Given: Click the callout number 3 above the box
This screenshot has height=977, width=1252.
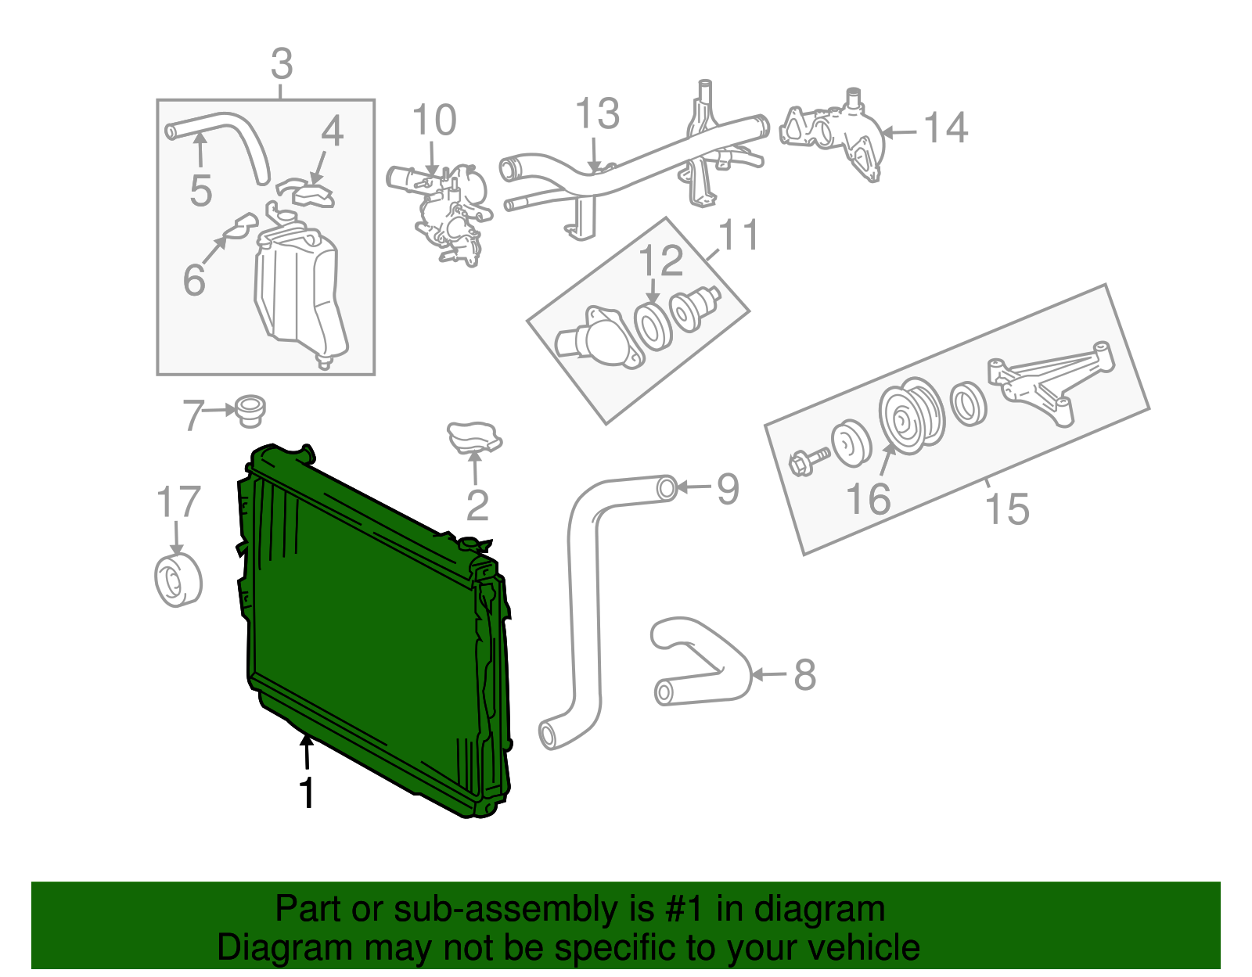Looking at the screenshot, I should [282, 64].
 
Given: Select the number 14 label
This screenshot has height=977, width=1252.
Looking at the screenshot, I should [946, 128].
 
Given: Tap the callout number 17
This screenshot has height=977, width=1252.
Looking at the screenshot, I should [178, 503].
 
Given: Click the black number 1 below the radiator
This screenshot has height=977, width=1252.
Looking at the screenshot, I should [308, 793].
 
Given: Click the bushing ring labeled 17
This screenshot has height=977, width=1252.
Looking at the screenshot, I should [178, 580].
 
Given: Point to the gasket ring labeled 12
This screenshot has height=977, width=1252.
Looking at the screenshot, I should [651, 327].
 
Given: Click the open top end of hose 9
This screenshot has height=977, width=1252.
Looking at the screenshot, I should [666, 487].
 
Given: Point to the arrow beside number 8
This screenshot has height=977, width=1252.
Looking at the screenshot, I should [770, 674].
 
